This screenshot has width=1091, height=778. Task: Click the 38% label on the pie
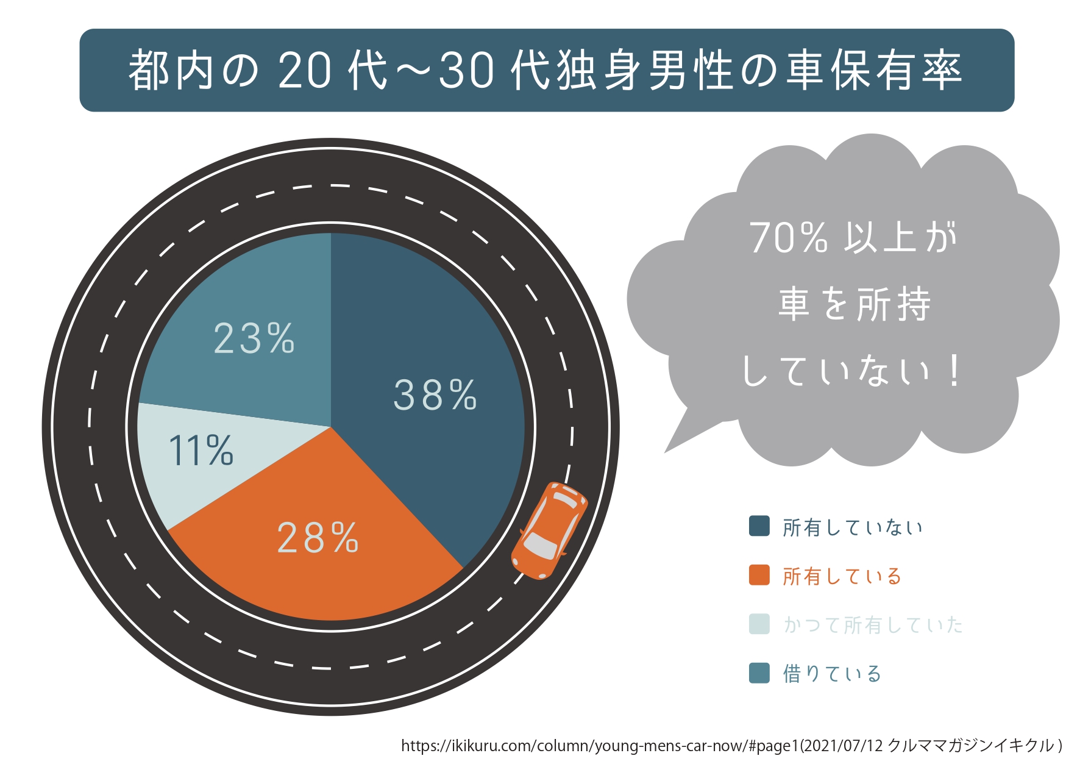coord(435,395)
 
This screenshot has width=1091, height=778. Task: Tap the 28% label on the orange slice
coord(318,538)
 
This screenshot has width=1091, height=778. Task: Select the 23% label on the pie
coord(254,339)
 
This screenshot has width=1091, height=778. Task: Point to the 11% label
coord(201,451)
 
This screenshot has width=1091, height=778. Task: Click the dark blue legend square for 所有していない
coord(759,526)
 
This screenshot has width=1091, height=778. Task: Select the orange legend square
coord(759,575)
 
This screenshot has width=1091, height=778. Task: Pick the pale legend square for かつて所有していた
coord(759,624)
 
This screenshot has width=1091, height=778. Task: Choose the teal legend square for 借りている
coord(759,673)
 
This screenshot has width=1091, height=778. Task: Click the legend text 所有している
coord(842,576)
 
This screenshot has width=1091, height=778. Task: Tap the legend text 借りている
coord(832,674)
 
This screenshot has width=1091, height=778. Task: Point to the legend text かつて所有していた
coord(873,625)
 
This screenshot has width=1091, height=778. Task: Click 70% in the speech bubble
coord(789,238)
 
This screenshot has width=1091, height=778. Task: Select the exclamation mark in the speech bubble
coord(954,371)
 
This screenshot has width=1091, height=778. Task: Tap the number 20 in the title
coord(305,71)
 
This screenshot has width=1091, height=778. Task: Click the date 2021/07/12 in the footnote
coord(844,746)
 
